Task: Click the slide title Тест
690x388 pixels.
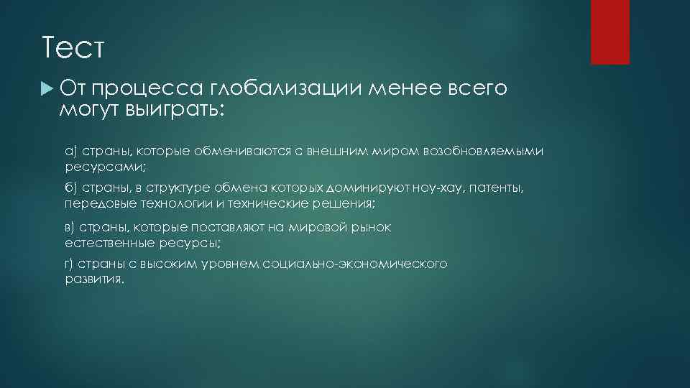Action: click(73, 50)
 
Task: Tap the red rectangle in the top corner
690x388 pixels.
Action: click(609, 32)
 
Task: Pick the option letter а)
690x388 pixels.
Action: click(70, 152)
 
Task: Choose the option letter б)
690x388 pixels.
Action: click(70, 188)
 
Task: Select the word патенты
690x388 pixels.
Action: click(502, 188)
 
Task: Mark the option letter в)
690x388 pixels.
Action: click(70, 228)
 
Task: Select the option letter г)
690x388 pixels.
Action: click(69, 264)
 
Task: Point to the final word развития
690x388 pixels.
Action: click(93, 280)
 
